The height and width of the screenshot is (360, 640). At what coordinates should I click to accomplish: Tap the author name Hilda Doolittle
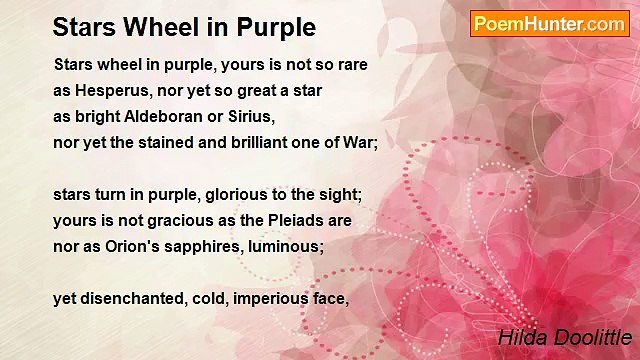[x=564, y=338]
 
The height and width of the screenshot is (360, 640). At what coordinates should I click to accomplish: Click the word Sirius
[x=250, y=116]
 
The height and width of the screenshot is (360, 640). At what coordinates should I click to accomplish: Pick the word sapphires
[x=198, y=246]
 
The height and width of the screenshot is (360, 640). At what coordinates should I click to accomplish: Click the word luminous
[x=283, y=246]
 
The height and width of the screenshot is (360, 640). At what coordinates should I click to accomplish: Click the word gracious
[x=159, y=220]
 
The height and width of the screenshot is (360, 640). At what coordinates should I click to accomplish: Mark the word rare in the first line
[x=351, y=65]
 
